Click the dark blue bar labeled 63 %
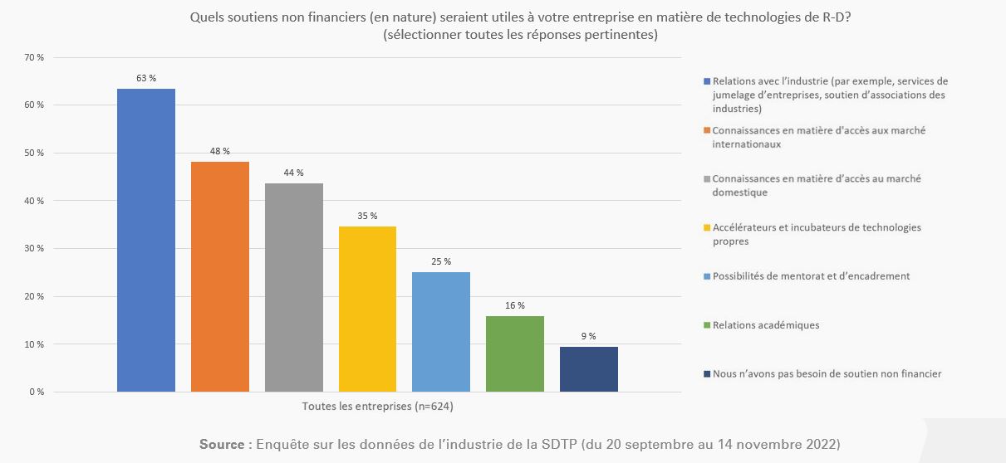click(x=146, y=240)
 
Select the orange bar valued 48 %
click(x=220, y=276)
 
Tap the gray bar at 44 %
click(x=294, y=287)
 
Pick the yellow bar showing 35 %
click(x=367, y=309)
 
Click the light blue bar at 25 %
click(x=441, y=332)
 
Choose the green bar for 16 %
click(x=515, y=353)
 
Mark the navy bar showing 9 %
click(x=589, y=369)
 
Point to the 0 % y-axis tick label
click(x=37, y=392)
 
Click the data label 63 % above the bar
click(x=146, y=78)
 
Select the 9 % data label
click(x=589, y=336)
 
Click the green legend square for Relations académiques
click(x=707, y=325)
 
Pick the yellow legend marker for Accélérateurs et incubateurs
click(x=707, y=227)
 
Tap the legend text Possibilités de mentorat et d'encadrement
click(x=811, y=276)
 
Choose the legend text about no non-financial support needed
click(x=827, y=374)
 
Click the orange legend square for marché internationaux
click(x=707, y=130)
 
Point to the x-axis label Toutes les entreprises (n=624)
click(x=378, y=407)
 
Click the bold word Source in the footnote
click(x=223, y=444)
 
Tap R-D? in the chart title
click(x=833, y=17)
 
